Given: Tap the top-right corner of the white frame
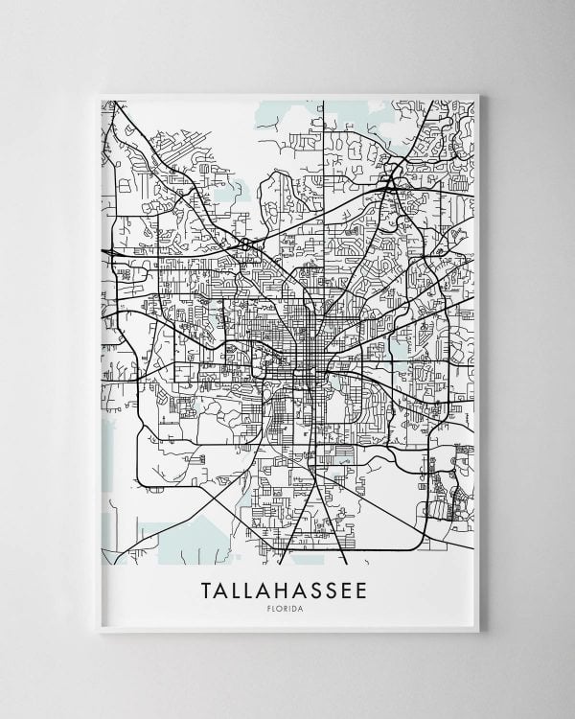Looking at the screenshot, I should pos(479,93).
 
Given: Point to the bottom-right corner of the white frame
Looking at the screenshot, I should pos(479,632).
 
